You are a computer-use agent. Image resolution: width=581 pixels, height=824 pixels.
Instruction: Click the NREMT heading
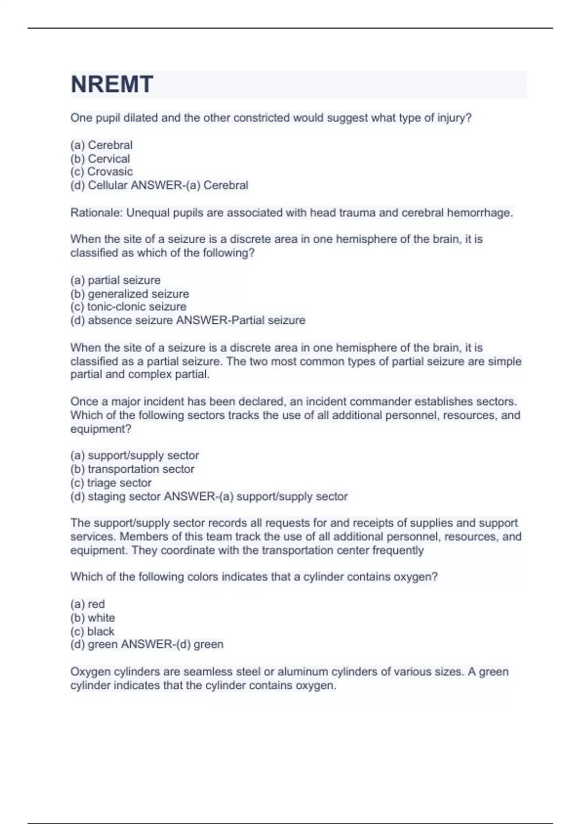click(112, 84)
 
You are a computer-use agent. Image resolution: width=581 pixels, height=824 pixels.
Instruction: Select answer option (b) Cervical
click(100, 158)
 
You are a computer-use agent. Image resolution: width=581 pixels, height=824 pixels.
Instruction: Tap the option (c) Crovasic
click(102, 172)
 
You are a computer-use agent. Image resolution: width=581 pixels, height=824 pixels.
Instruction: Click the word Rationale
click(96, 213)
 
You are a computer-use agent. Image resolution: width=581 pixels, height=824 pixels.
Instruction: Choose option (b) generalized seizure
click(130, 294)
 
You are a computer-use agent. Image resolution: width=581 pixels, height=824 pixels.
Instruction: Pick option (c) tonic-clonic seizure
click(128, 307)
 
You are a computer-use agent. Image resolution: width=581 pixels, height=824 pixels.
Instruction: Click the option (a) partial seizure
click(115, 280)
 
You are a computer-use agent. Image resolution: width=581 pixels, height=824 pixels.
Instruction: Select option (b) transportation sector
click(132, 469)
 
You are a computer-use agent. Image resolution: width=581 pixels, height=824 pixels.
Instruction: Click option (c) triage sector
click(111, 483)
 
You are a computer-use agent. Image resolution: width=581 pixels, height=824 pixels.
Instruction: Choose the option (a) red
click(88, 604)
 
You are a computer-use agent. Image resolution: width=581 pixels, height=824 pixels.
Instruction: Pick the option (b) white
click(92, 618)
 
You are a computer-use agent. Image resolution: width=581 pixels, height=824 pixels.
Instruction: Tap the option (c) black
click(92, 631)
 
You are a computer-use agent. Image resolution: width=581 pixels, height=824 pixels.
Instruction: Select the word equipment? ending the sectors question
click(101, 429)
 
